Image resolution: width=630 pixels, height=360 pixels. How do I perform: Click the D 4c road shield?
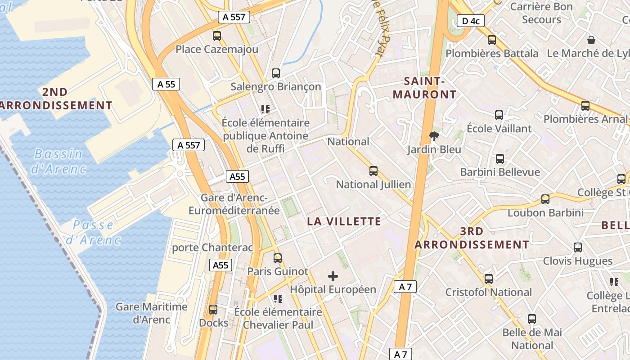pyautogui.click(x=470, y=21)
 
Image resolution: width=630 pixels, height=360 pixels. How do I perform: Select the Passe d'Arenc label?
pyautogui.click(x=93, y=232)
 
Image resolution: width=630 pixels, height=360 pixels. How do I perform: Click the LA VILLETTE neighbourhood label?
pyautogui.click(x=344, y=221)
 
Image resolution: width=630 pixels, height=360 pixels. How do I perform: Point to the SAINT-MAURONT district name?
pyautogui.click(x=424, y=88)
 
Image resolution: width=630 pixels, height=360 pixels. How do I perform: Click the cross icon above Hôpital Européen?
pyautogui.click(x=333, y=276)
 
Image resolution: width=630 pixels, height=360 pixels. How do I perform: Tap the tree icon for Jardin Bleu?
pyautogui.click(x=434, y=136)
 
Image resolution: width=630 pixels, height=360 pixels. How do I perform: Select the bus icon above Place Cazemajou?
pyautogui.click(x=217, y=36)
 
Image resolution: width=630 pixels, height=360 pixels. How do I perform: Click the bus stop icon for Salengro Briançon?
pyautogui.click(x=276, y=73)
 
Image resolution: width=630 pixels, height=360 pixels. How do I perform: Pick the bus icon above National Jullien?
pyautogui.click(x=373, y=171)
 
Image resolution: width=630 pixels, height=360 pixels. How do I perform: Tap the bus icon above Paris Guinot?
pyautogui.click(x=278, y=258)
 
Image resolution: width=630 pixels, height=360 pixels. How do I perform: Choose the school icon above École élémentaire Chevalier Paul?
pyautogui.click(x=278, y=298)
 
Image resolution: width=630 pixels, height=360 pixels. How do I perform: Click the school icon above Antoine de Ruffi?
pyautogui.click(x=265, y=109)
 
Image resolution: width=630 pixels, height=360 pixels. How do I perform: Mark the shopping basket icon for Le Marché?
pyautogui.click(x=591, y=40)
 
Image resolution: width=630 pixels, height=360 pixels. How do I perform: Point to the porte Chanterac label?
pyautogui.click(x=212, y=247)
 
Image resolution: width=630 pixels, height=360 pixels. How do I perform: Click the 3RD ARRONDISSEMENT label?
pyautogui.click(x=472, y=238)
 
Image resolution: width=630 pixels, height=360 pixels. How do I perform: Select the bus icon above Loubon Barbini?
pyautogui.click(x=545, y=199)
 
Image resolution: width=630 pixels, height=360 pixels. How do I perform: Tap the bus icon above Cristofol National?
pyautogui.click(x=489, y=279)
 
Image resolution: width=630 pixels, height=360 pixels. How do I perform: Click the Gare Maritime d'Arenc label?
pyautogui.click(x=151, y=313)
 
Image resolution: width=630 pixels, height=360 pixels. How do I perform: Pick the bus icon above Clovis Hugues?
pyautogui.click(x=578, y=247)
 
